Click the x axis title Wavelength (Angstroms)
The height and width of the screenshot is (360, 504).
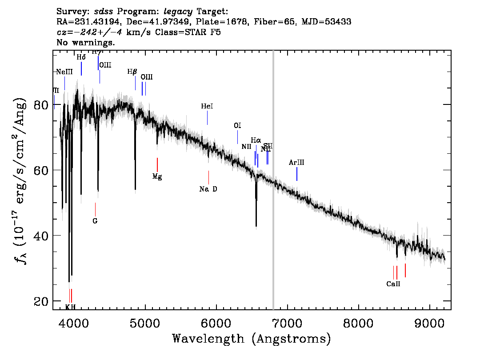tap(252, 339)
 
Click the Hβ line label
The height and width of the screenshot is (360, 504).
tap(132, 72)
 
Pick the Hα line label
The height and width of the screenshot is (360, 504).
tap(256, 140)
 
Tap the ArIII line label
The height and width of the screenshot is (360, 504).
tap(296, 163)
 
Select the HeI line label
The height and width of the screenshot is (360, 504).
tap(207, 106)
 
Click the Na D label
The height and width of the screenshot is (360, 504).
tap(208, 189)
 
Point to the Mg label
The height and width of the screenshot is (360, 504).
tap(157, 176)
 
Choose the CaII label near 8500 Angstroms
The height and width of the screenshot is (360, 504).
tap(393, 284)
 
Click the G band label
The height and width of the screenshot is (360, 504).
tap(95, 220)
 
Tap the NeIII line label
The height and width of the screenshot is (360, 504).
tap(64, 72)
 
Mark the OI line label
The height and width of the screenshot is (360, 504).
tap(237, 126)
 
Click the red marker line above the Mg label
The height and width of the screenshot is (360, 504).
tap(157, 164)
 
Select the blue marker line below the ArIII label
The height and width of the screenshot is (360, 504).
tap(296, 174)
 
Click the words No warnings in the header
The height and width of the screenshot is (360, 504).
tap(86, 43)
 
